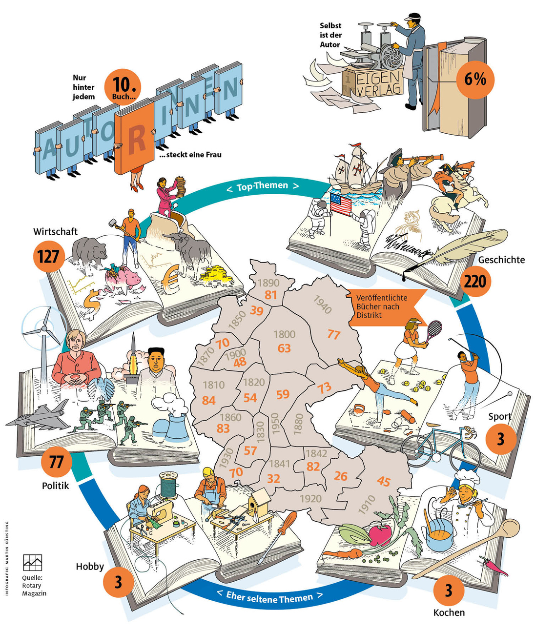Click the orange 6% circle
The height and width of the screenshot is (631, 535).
click(x=475, y=79)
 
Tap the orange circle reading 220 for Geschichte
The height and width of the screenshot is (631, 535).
click(x=475, y=281)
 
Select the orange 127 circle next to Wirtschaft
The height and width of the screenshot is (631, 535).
click(x=48, y=256)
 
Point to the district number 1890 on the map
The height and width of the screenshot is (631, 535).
click(x=268, y=283)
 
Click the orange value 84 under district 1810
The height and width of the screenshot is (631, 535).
click(x=209, y=400)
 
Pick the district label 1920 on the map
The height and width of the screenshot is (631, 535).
click(x=310, y=498)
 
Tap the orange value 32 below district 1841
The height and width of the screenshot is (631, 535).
click(x=274, y=478)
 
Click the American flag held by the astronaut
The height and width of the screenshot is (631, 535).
click(x=341, y=204)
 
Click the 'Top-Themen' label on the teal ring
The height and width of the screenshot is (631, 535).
click(x=263, y=186)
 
